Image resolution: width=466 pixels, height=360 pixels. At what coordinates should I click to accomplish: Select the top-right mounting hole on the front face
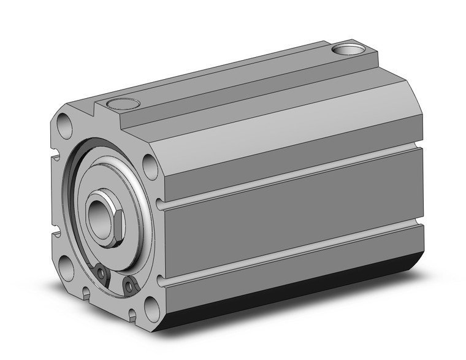(x=149, y=166)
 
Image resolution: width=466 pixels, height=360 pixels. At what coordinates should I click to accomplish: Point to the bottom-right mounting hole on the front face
(x=151, y=310)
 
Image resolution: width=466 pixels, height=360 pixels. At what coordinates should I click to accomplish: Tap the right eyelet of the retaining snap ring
(x=129, y=283)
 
